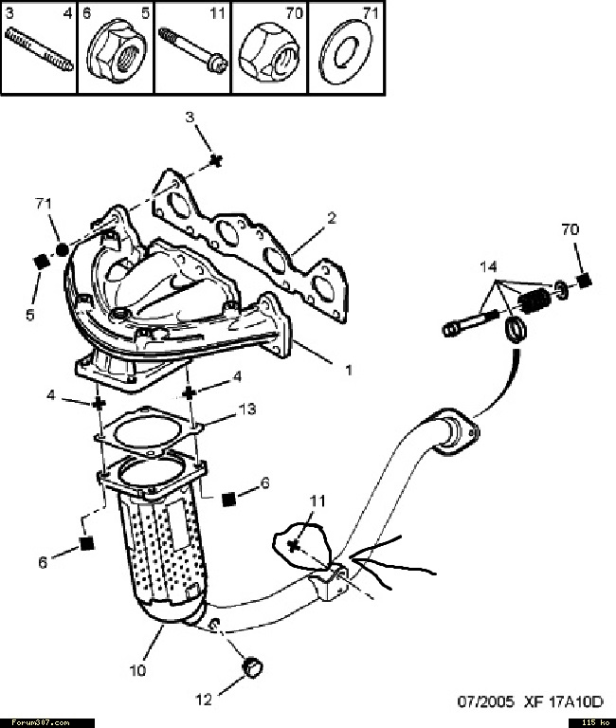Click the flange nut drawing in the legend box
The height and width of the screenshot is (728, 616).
coord(116,53)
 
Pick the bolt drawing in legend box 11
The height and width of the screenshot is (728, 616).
coord(193,50)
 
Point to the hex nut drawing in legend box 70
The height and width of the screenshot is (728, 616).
coord(269,52)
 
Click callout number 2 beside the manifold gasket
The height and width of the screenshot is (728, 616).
coord(331,218)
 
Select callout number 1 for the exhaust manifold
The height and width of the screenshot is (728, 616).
coord(348,370)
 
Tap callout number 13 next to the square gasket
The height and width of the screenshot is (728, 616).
coord(247,409)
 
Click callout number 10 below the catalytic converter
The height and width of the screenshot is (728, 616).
coord(137,670)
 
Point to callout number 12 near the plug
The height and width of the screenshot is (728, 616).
coord(204,700)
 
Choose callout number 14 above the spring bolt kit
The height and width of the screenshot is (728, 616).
coord(488,267)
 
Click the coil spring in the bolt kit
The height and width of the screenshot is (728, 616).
coord(534,300)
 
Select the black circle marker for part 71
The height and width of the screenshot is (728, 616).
coord(62,250)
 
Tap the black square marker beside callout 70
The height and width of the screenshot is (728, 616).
coord(585,281)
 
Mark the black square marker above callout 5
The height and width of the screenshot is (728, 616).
coord(43,262)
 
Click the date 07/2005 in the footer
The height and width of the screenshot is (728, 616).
coord(486,701)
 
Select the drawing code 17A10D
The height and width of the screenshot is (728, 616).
coord(575,701)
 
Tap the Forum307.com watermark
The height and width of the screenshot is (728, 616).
coord(41,722)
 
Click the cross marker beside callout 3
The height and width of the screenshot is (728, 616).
coord(215,160)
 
